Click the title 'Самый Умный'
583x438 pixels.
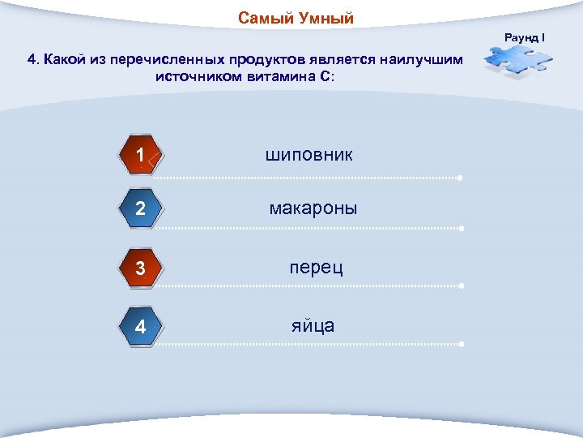click(296, 19)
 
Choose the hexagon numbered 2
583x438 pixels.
click(141, 209)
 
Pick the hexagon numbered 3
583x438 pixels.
click(141, 268)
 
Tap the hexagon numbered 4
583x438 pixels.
click(141, 328)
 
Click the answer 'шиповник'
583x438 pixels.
click(309, 154)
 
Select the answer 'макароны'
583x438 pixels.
click(313, 208)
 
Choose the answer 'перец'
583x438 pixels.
click(316, 267)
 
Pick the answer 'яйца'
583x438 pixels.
click(313, 325)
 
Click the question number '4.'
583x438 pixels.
click(33, 60)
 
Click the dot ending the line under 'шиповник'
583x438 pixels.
click(460, 178)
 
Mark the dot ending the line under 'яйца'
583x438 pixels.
click(460, 345)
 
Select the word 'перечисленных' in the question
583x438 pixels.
click(179, 60)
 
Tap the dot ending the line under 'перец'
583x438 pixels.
click(460, 286)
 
